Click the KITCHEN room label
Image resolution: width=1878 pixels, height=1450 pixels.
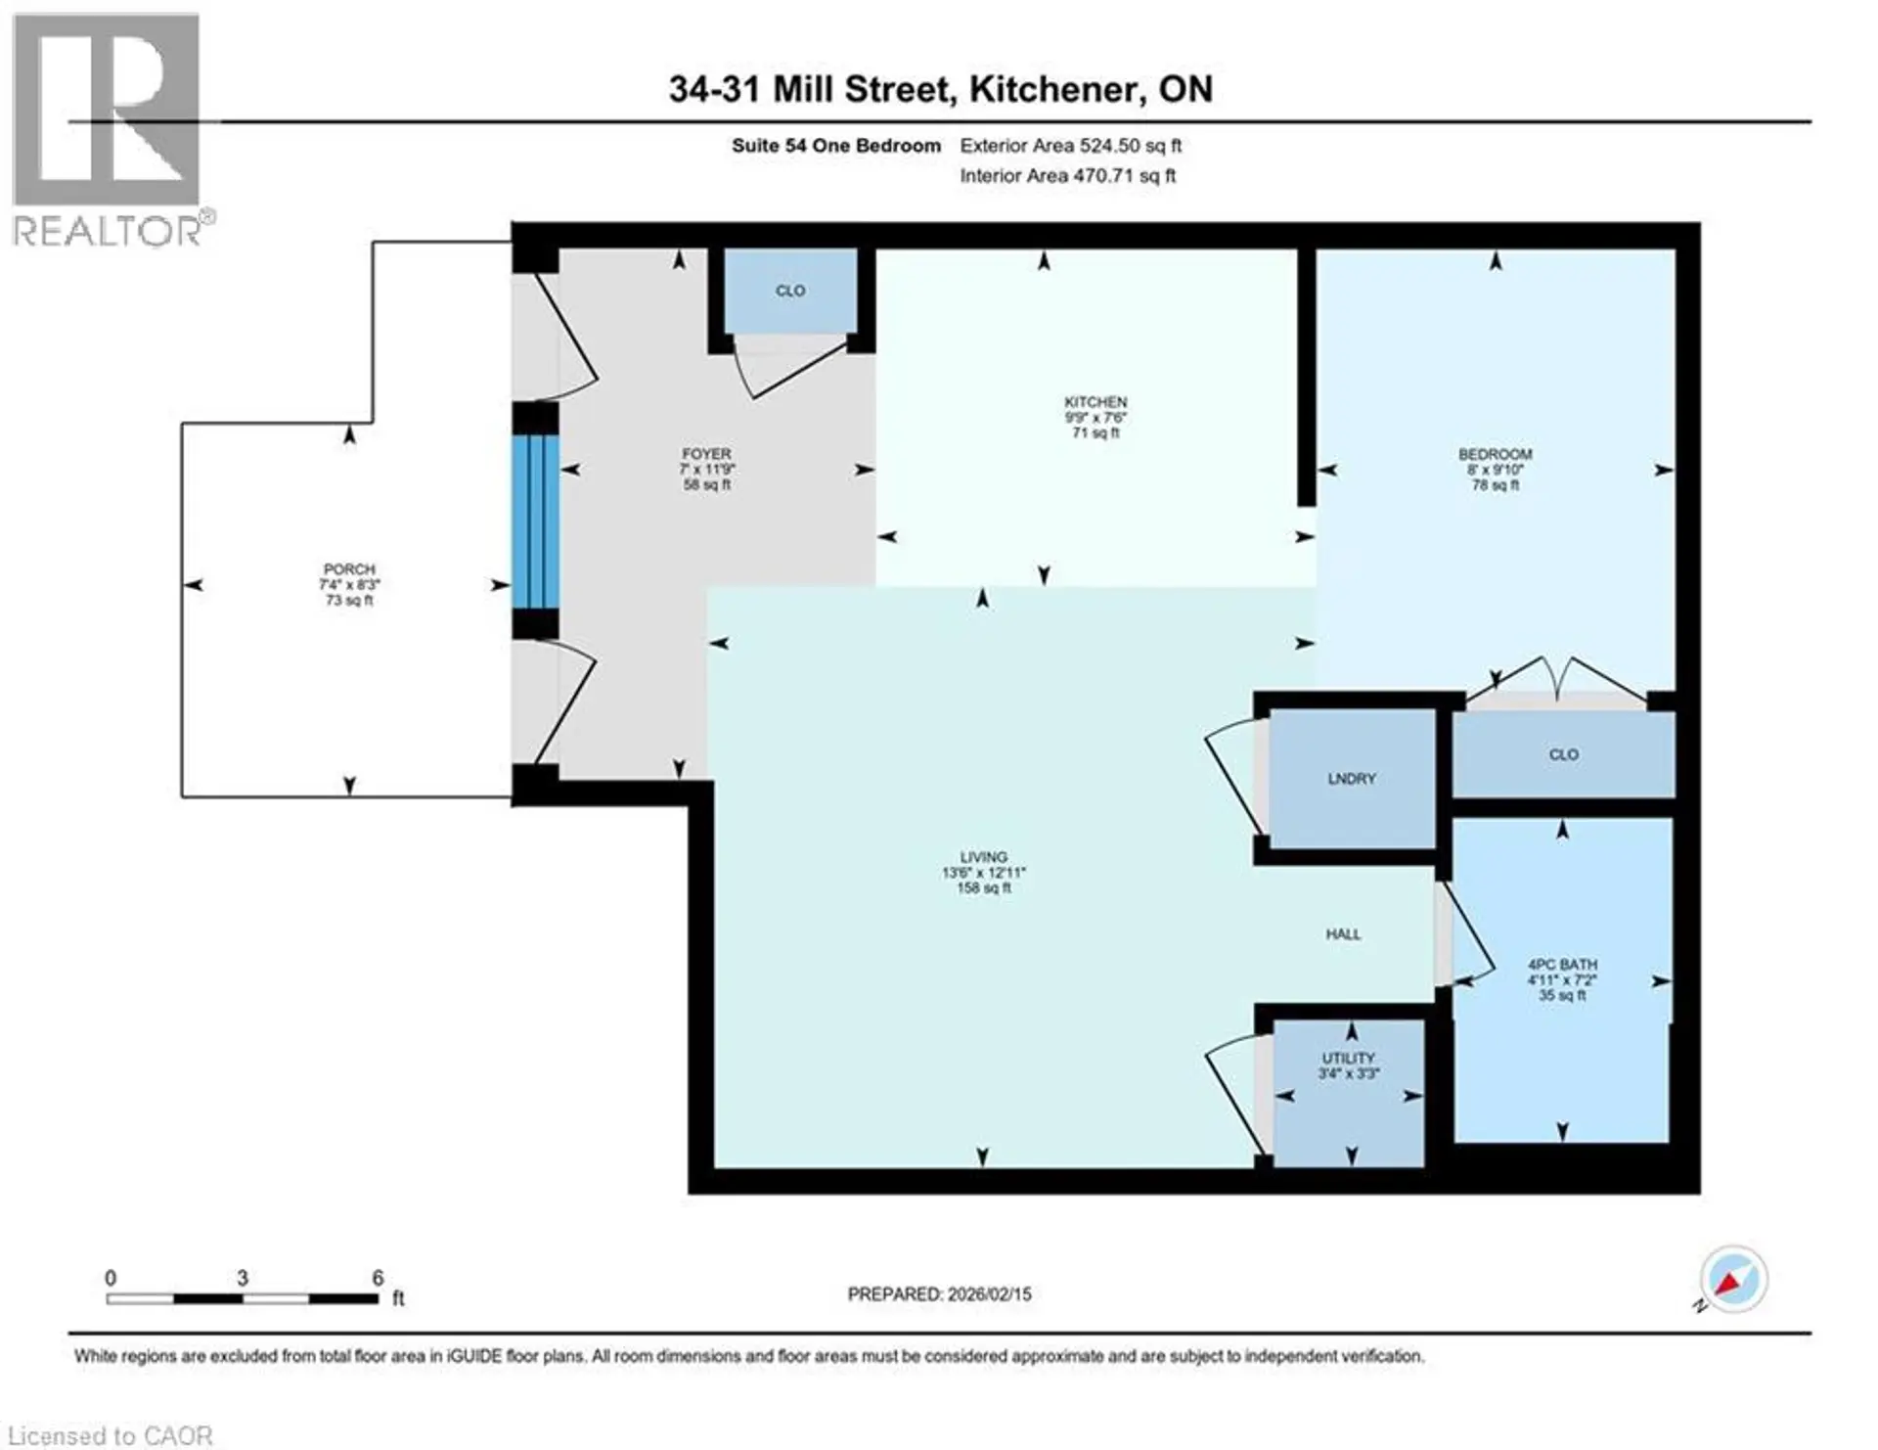pos(1095,402)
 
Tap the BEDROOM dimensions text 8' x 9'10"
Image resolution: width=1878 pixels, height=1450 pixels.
pos(1495,470)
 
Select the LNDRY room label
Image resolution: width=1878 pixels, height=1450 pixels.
pos(1351,779)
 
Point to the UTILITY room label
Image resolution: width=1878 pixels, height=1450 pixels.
pos(1348,1058)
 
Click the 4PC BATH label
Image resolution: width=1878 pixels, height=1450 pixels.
pos(1562,965)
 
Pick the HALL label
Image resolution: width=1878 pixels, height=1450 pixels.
pos(1343,934)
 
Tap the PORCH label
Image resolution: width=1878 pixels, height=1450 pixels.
pos(349,569)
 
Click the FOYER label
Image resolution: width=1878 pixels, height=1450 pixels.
pos(706,454)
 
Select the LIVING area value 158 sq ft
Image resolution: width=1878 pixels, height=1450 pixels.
pos(983,888)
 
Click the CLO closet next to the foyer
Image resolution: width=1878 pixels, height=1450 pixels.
pos(790,291)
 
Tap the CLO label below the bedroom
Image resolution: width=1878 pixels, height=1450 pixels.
pos(1563,754)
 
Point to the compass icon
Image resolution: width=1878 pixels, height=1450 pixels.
pos(1733,1279)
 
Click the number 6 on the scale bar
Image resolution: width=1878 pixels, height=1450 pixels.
pos(378,1278)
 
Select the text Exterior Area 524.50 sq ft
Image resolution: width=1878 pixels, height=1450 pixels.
pos(1070,146)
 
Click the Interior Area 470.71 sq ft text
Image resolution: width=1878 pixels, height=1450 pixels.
pos(1067,176)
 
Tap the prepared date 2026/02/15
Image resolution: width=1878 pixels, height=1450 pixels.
pos(989,1293)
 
